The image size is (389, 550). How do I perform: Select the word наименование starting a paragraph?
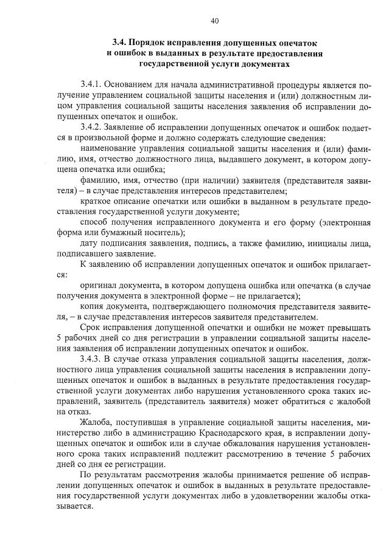(111, 148)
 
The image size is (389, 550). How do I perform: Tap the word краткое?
(96, 201)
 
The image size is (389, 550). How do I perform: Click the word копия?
(93, 306)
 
